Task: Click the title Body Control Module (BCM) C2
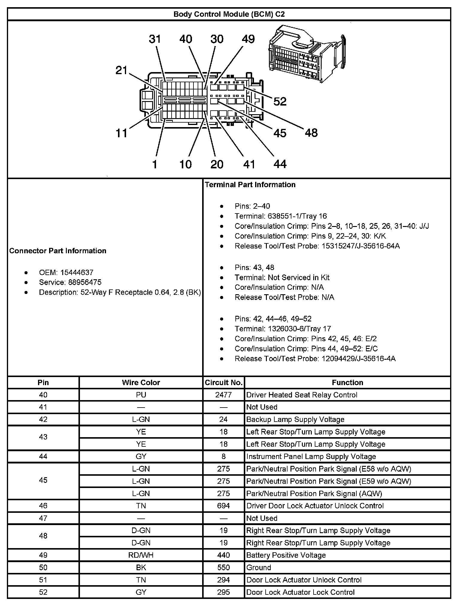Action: tap(229, 14)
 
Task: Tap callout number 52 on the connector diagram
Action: tap(280, 102)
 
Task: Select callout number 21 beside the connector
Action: tap(122, 71)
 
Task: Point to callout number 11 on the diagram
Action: tap(122, 133)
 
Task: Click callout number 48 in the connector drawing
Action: tap(311, 133)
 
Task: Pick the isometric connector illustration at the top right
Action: tap(307, 55)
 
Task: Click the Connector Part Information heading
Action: tap(58, 251)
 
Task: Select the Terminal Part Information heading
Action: tap(250, 184)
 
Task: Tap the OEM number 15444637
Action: tap(77, 272)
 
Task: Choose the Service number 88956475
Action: tap(81, 282)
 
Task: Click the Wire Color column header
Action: tap(141, 382)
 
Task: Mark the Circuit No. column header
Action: tap(223, 382)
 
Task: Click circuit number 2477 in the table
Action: tap(223, 395)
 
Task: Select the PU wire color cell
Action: tap(141, 395)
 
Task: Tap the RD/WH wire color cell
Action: tap(141, 555)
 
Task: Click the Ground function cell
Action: tap(258, 568)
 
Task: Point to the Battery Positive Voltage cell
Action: tap(286, 555)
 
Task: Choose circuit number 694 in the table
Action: tap(223, 506)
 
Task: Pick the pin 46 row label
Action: tap(43, 506)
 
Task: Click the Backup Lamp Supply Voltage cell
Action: tap(295, 420)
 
